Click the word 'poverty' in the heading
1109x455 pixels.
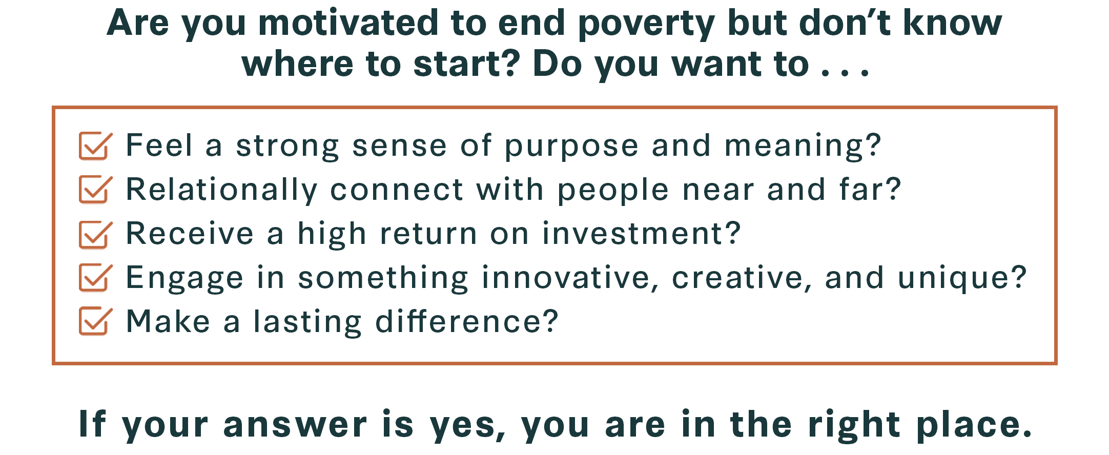point(646,25)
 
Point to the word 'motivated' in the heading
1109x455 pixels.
point(348,23)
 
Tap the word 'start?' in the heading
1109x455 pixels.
point(467,64)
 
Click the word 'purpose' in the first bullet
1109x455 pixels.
point(571,147)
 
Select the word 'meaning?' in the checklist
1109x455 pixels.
point(803,147)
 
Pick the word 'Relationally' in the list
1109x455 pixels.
point(222,190)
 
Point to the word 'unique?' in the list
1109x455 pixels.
point(962,278)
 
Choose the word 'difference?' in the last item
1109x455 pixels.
point(467,322)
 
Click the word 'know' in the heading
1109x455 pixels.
point(952,23)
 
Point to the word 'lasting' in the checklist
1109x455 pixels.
point(307,322)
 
